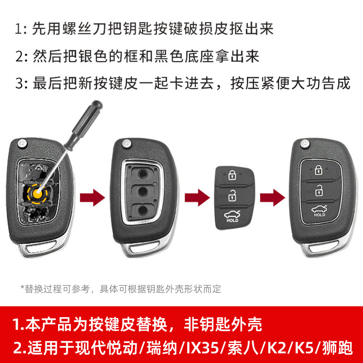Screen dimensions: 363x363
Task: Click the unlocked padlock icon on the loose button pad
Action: click(232, 196)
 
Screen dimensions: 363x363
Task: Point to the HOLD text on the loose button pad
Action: click(232, 220)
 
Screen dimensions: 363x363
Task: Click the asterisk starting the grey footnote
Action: click(22, 289)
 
